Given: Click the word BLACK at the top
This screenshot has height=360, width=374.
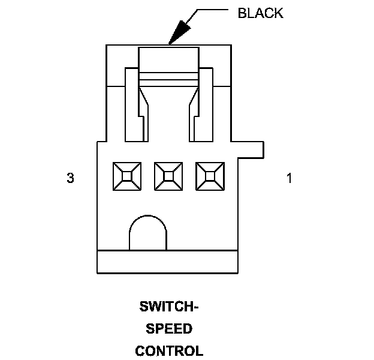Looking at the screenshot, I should click(x=260, y=14).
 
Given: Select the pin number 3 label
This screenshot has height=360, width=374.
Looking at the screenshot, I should click(x=70, y=178).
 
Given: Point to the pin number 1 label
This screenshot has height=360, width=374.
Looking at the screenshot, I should click(x=289, y=178).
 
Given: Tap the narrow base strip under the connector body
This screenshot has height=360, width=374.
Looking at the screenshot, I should click(x=168, y=261).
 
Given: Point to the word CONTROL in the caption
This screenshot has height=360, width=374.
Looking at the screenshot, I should click(x=170, y=350).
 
